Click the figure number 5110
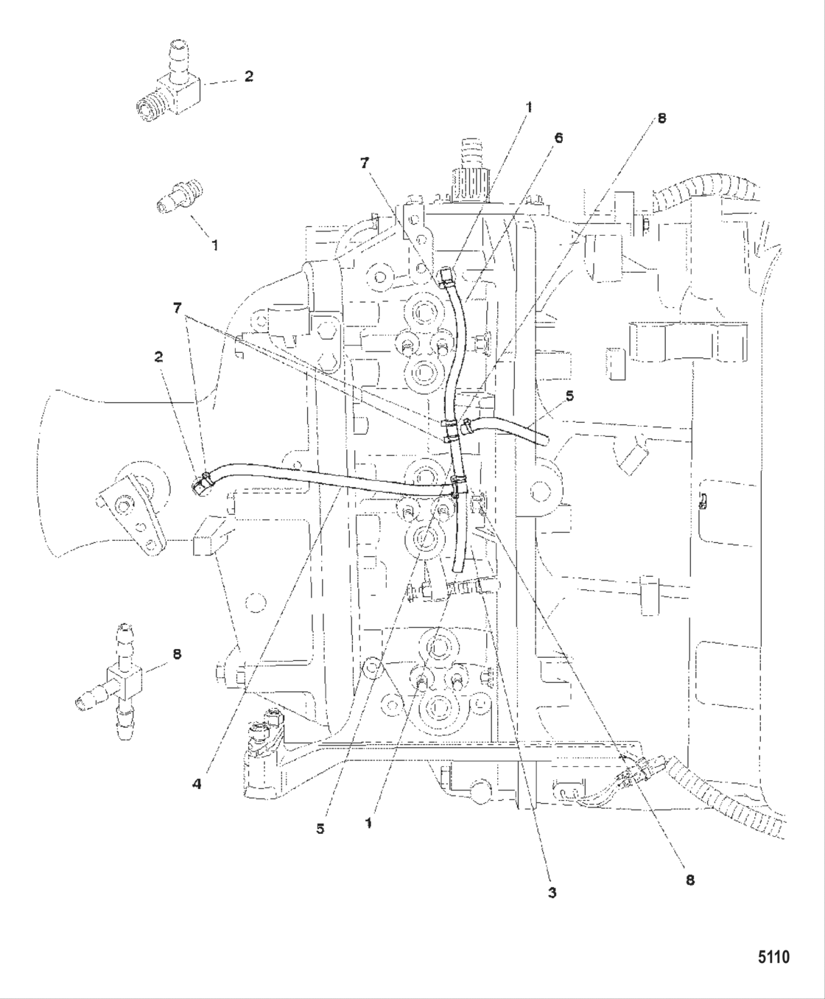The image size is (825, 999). click(773, 957)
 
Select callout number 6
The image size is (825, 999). click(559, 138)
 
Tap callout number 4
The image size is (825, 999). click(197, 785)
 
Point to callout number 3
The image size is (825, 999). click(552, 892)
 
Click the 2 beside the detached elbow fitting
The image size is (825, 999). click(248, 76)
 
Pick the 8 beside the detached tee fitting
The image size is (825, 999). click(177, 653)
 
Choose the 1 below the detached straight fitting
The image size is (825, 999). click(214, 245)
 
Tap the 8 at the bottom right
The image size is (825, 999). click(690, 879)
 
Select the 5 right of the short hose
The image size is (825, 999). click(569, 396)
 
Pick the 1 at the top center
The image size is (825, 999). click(528, 107)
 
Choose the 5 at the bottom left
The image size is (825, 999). click(320, 828)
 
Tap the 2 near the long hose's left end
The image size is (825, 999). click(158, 357)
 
